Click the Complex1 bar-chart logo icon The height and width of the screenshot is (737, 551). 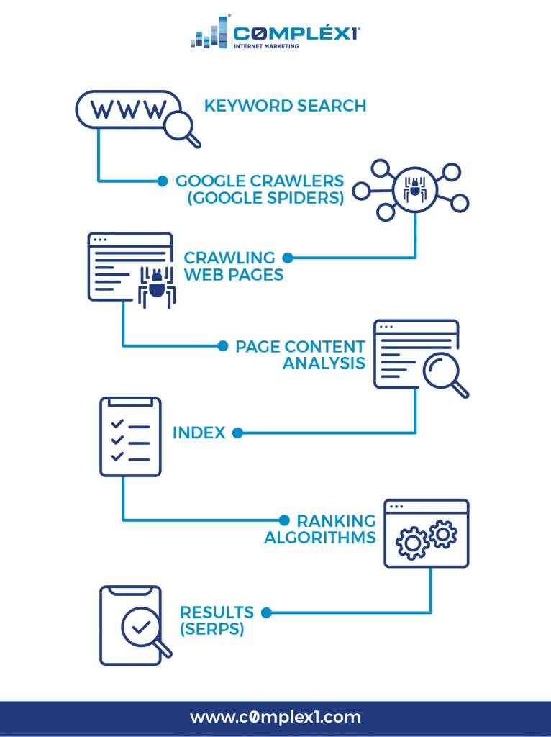209,33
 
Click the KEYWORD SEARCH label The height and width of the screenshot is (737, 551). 285,106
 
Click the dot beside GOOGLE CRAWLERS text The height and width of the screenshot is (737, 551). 163,181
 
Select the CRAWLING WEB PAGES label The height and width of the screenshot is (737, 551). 233,266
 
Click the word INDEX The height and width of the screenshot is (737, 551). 199,433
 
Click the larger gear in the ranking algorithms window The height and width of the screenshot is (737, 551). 413,542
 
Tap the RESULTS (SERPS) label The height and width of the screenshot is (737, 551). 217,620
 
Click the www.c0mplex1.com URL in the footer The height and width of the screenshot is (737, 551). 275,717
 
